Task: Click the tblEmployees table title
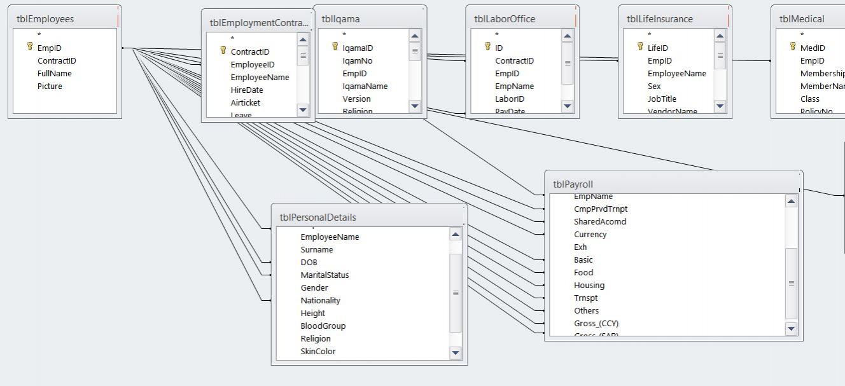pyautogui.click(x=45, y=19)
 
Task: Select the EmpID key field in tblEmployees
pyautogui.click(x=49, y=48)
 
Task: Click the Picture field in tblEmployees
pyautogui.click(x=50, y=86)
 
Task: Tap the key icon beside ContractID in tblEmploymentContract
pyautogui.click(x=223, y=51)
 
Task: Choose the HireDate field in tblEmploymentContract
pyautogui.click(x=247, y=90)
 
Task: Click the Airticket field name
pyautogui.click(x=245, y=102)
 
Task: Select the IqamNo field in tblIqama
pyautogui.click(x=357, y=60)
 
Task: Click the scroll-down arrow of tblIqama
pyautogui.click(x=415, y=106)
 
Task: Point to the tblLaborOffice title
pyautogui.click(x=505, y=19)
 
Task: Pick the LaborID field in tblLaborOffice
pyautogui.click(x=510, y=99)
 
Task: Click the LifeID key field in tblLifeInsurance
pyautogui.click(x=657, y=48)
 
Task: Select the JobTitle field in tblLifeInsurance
pyautogui.click(x=662, y=99)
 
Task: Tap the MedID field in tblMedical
pyautogui.click(x=813, y=48)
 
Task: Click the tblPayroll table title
pyautogui.click(x=573, y=184)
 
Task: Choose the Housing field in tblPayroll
pyautogui.click(x=589, y=285)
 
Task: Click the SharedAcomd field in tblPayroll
pyautogui.click(x=599, y=221)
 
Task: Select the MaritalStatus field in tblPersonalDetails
pyautogui.click(x=325, y=275)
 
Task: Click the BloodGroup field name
pyautogui.click(x=323, y=326)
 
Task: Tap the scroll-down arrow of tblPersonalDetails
pyautogui.click(x=456, y=353)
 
